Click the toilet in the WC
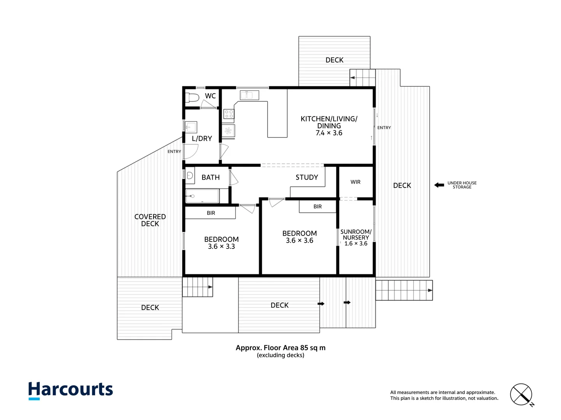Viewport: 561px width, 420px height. (192, 98)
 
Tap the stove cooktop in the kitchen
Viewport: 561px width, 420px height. (229, 114)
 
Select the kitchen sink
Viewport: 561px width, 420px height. (249, 95)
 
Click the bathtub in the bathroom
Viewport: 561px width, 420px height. (202, 196)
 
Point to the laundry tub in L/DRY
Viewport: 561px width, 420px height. (191, 127)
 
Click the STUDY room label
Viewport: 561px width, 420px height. (307, 177)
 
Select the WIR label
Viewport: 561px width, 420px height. (355, 182)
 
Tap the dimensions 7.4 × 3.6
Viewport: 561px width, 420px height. (329, 133)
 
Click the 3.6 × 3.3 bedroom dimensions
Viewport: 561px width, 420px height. (221, 247)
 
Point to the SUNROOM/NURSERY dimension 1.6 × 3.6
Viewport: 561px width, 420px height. (356, 244)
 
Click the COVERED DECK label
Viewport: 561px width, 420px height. (150, 220)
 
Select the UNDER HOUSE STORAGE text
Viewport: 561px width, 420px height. (462, 185)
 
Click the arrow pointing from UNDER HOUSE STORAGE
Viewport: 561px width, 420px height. (439, 185)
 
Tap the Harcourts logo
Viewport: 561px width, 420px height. (71, 390)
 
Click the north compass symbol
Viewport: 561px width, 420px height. (521, 395)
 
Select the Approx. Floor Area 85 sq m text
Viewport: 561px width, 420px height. (280, 348)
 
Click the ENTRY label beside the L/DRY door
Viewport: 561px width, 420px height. (174, 152)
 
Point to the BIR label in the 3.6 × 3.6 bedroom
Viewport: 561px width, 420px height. (318, 206)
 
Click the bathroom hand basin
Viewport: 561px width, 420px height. (190, 176)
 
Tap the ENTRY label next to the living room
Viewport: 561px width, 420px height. (384, 128)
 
